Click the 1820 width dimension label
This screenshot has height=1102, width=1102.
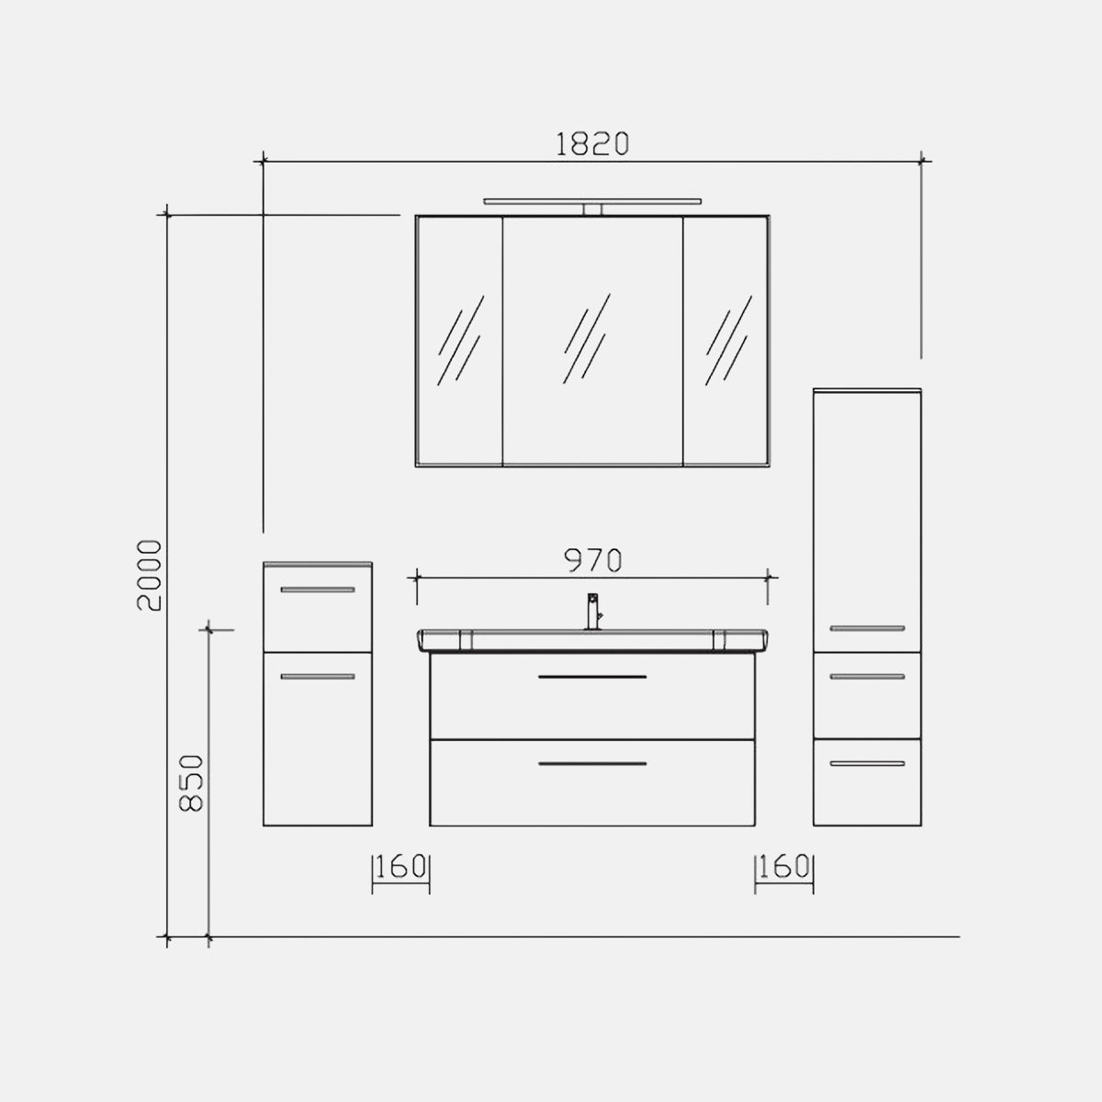[x=592, y=143]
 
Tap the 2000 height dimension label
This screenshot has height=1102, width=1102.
[x=150, y=575]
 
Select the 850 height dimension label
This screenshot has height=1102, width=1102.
[x=191, y=783]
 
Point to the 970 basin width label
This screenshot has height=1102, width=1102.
[x=592, y=560]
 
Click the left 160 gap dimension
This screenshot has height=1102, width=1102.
[x=400, y=867]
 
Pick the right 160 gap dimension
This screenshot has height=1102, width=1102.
[x=784, y=867]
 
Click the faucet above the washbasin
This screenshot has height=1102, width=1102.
[x=593, y=612]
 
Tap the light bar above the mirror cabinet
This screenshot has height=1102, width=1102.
[x=592, y=201]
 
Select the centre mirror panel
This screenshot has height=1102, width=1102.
[x=592, y=341]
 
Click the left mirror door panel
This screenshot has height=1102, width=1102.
[x=459, y=341]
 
